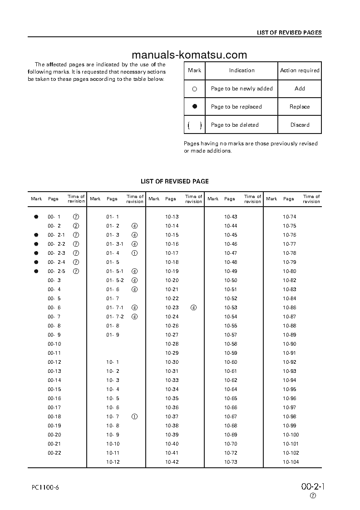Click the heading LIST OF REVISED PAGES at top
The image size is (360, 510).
(x=289, y=33)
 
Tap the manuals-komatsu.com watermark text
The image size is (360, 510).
(x=189, y=55)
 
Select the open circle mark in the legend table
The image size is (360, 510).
(x=195, y=89)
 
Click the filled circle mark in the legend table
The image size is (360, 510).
(x=195, y=107)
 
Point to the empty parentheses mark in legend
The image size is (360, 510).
(x=195, y=125)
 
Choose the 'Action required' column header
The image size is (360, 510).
(x=300, y=70)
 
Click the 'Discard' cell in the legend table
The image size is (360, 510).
(x=300, y=125)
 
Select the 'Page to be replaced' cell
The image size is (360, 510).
(x=236, y=107)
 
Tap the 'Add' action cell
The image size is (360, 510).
(x=300, y=89)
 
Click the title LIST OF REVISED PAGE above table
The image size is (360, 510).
(x=175, y=181)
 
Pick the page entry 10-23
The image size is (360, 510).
(x=172, y=307)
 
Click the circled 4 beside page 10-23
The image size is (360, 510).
(x=194, y=307)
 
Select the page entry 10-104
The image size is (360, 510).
(x=291, y=462)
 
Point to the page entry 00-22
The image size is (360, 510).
(x=54, y=453)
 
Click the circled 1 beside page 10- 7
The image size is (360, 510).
(x=134, y=416)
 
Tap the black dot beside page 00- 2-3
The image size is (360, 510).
(x=36, y=253)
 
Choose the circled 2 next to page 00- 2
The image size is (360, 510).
(x=76, y=226)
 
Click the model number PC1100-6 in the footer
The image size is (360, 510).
(x=46, y=487)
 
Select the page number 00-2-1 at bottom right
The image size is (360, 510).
(x=313, y=486)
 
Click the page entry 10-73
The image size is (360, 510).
(x=231, y=462)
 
